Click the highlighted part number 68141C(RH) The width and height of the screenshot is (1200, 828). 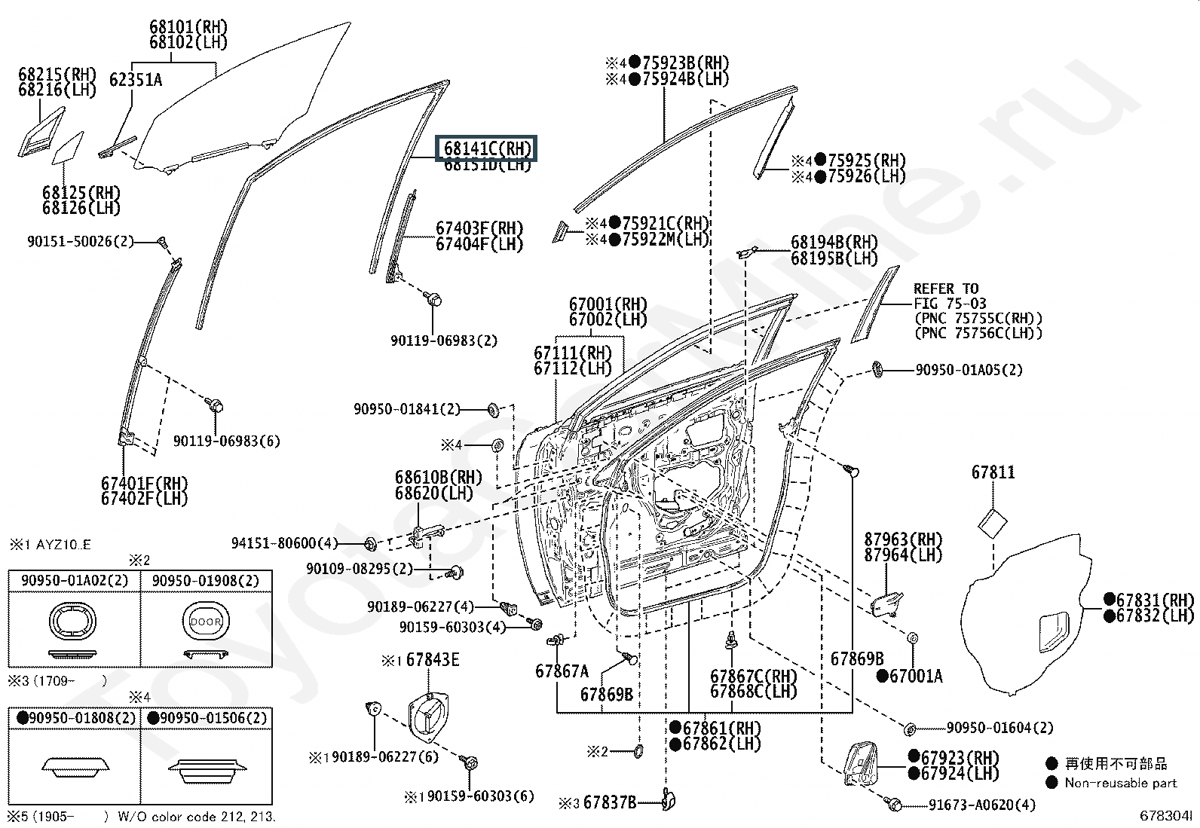pyautogui.click(x=488, y=148)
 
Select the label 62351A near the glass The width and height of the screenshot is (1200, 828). pyautogui.click(x=136, y=80)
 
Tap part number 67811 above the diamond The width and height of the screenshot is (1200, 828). pyautogui.click(x=993, y=472)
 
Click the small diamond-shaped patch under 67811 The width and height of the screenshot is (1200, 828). pyautogui.click(x=992, y=522)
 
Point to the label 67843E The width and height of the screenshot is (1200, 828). pyautogui.click(x=433, y=661)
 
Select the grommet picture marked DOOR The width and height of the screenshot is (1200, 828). pyautogui.click(x=205, y=623)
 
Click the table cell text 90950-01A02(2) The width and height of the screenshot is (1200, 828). pyautogui.click(x=75, y=581)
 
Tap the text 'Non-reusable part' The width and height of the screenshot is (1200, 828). pyautogui.click(x=1120, y=783)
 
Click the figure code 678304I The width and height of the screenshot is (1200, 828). pyautogui.click(x=1165, y=816)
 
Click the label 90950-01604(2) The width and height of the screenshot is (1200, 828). pyautogui.click(x=999, y=728)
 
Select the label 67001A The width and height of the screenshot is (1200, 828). pyautogui.click(x=915, y=677)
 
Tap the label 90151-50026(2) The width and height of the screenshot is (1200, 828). pyautogui.click(x=80, y=242)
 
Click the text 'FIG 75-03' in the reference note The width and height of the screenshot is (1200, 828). pyautogui.click(x=950, y=304)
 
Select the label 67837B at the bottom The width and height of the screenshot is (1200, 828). pyautogui.click(x=610, y=803)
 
